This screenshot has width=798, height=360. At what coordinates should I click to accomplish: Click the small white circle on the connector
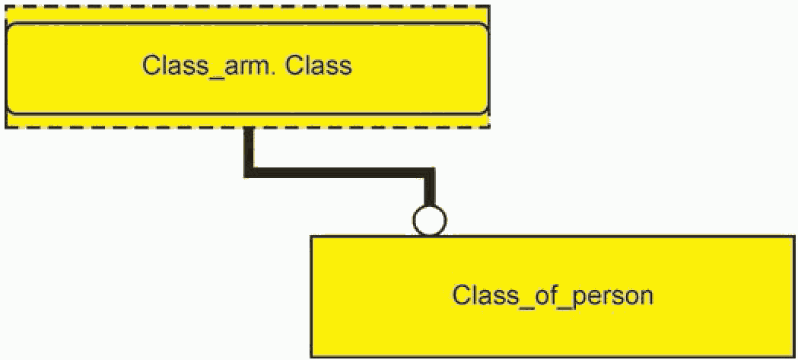[429, 221]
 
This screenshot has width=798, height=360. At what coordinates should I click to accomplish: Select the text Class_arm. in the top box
[211, 66]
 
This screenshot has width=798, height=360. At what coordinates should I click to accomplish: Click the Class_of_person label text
[553, 295]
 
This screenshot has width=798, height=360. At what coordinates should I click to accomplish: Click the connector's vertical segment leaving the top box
[249, 148]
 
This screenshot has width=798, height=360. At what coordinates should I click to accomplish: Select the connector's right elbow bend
[430, 174]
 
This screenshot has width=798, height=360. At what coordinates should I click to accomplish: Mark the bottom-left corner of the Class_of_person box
[313, 355]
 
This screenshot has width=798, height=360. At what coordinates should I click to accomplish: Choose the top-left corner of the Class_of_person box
[313, 237]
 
